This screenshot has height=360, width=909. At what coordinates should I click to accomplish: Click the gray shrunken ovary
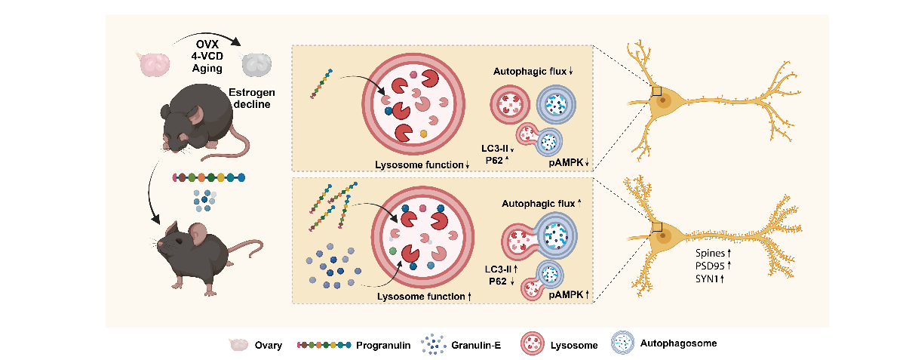(x=256, y=64)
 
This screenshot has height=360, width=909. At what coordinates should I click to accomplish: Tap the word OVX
(x=207, y=45)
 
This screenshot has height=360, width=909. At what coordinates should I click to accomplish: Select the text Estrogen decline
(x=252, y=98)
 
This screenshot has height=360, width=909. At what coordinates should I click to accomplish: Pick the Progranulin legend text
(x=383, y=346)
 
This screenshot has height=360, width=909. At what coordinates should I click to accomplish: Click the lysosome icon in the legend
(x=532, y=343)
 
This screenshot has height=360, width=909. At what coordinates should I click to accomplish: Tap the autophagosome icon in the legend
(x=622, y=343)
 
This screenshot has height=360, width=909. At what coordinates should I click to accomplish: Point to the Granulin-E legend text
(x=476, y=346)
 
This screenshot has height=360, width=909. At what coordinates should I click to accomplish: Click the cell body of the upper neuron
(x=663, y=100)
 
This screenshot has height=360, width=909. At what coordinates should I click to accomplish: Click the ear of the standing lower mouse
(x=198, y=233)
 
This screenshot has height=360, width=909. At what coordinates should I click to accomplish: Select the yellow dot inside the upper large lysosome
(x=423, y=134)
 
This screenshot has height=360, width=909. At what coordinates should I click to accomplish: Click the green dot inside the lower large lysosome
(x=392, y=251)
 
